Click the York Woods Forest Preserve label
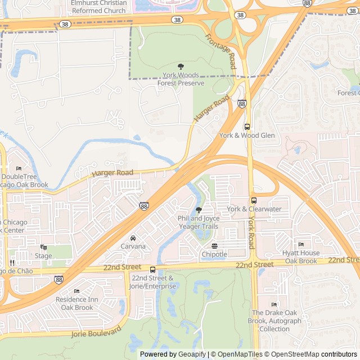point(181,79)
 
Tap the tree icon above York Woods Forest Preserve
point(181,66)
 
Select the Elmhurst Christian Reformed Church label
point(98,6)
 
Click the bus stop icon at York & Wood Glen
point(247,127)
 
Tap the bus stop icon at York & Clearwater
point(254,200)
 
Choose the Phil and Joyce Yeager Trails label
point(197,222)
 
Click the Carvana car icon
point(133,238)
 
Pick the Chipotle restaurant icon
point(214,246)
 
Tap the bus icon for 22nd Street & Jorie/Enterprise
point(152,269)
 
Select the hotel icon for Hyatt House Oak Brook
point(301,245)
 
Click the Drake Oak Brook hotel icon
point(274,304)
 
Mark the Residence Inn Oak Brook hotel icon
point(76,291)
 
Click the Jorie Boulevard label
point(97,332)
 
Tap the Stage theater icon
point(43,247)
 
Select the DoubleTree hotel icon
point(19,169)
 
